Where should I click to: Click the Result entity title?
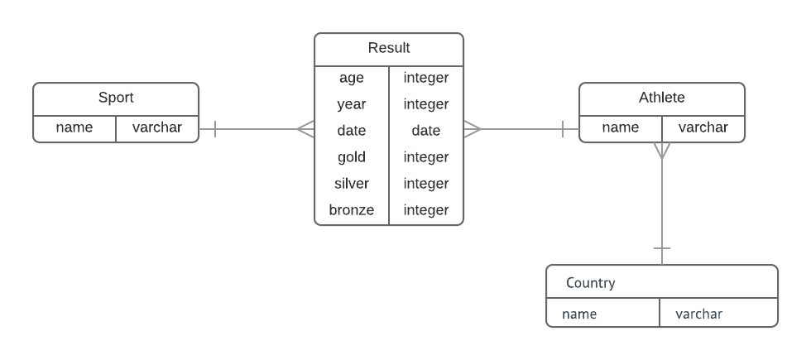pyautogui.click(x=389, y=48)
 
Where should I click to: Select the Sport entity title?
pyautogui.click(x=116, y=98)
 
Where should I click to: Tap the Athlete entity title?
pyautogui.click(x=661, y=98)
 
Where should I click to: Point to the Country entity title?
pyautogui.click(x=590, y=283)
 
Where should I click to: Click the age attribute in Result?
pyautogui.click(x=352, y=78)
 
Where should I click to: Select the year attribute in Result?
pyautogui.click(x=352, y=104)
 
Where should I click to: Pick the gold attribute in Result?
pyautogui.click(x=352, y=157)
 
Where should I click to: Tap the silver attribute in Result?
pyautogui.click(x=352, y=184)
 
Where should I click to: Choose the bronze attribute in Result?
pyautogui.click(x=352, y=210)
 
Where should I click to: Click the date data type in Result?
pyautogui.click(x=426, y=131)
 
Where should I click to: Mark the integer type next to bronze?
pyautogui.click(x=426, y=210)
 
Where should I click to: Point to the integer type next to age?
pyautogui.click(x=426, y=78)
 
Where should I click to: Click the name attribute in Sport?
pyautogui.click(x=74, y=128)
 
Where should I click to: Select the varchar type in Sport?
pyautogui.click(x=157, y=128)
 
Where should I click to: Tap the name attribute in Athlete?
pyautogui.click(x=621, y=128)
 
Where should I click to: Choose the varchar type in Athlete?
pyautogui.click(x=703, y=128)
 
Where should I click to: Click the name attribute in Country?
pyautogui.click(x=579, y=314)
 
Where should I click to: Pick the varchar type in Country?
pyautogui.click(x=698, y=314)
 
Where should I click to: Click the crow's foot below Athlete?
pyautogui.click(x=662, y=151)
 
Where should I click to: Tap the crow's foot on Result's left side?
pyautogui.click(x=306, y=129)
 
